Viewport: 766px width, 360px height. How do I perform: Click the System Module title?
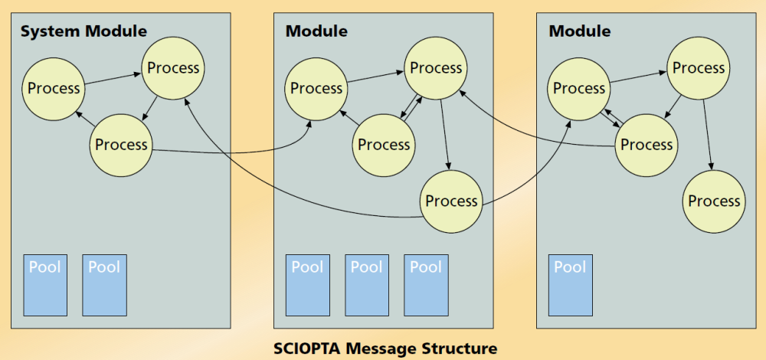[x=83, y=31]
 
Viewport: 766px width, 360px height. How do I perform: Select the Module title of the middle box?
[x=316, y=31]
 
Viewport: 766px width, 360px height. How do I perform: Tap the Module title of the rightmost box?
[x=580, y=31]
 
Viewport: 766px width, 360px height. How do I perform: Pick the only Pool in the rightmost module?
[x=570, y=285]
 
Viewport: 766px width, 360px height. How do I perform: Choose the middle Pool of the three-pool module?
[x=367, y=285]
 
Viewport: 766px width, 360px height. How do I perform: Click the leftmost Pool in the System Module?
[x=45, y=285]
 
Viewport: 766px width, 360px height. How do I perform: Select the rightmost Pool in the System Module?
[x=104, y=285]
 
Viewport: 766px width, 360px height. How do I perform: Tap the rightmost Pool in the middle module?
[x=426, y=285]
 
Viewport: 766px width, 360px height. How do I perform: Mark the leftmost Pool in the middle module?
[x=308, y=285]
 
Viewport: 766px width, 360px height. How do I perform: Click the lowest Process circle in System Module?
[x=122, y=145]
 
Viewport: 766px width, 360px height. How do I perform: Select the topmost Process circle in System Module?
[x=173, y=68]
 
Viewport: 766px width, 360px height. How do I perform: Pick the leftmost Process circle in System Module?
[x=54, y=88]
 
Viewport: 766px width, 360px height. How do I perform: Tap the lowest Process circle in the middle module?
[x=451, y=201]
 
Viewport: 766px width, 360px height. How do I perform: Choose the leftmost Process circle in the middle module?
[x=316, y=88]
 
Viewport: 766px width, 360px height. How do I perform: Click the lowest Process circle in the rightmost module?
[x=714, y=201]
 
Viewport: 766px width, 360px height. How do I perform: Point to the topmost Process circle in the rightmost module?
[x=699, y=68]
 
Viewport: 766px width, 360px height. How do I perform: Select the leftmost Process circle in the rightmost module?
[x=579, y=88]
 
